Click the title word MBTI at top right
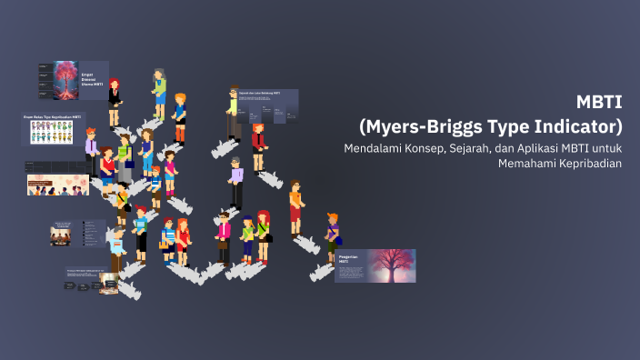click(601, 102)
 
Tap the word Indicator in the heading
click(576, 124)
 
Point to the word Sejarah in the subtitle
click(460, 148)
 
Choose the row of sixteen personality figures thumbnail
click(53, 133)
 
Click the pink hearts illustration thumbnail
click(56, 185)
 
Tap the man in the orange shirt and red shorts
click(295, 208)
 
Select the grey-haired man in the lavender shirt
click(235, 182)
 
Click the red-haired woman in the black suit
click(115, 94)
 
